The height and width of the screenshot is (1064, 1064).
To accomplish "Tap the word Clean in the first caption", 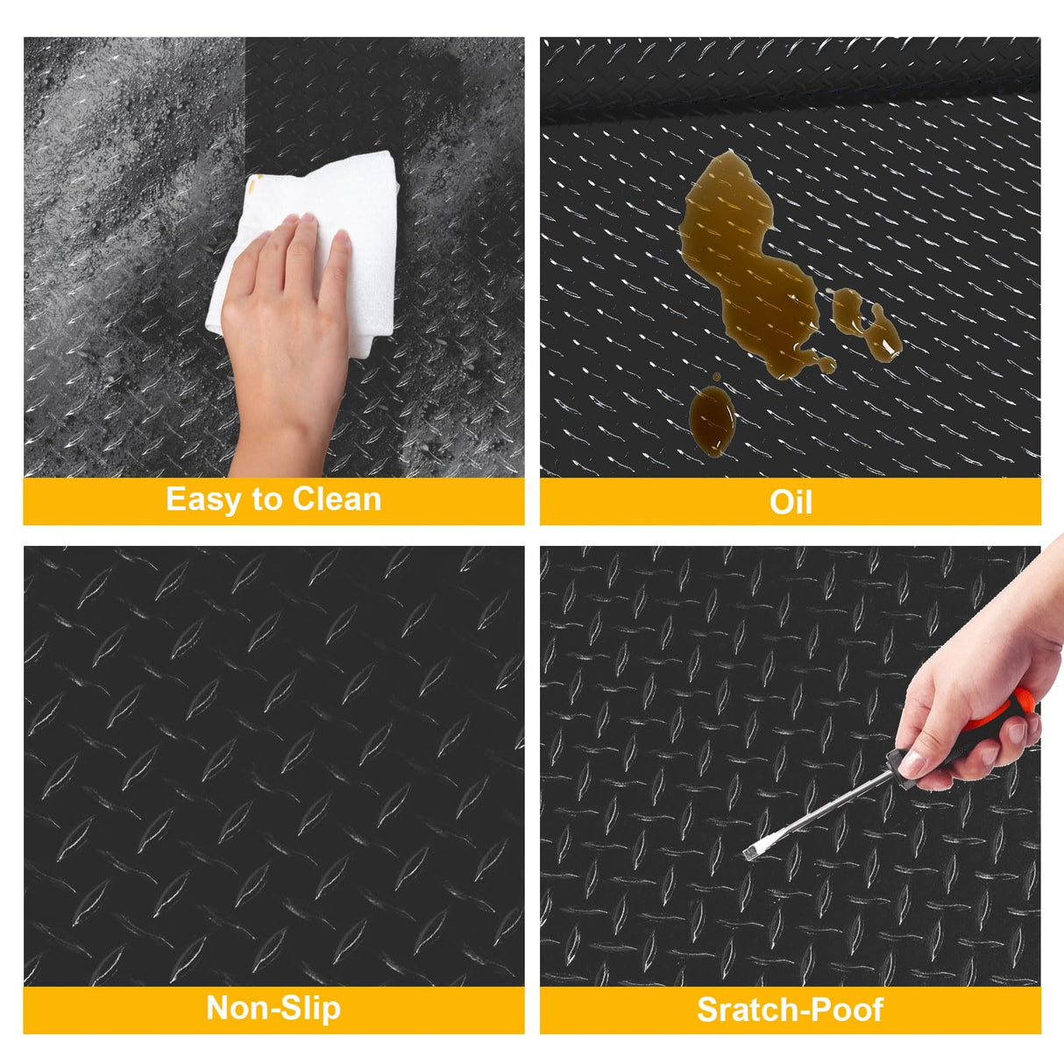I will [337, 500].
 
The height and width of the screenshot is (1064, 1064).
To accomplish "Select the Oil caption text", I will [790, 502].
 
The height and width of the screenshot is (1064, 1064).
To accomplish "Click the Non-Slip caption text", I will [273, 1008].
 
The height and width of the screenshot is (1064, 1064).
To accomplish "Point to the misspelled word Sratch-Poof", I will [790, 1010].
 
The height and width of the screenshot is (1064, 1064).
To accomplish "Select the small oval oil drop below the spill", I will [712, 421].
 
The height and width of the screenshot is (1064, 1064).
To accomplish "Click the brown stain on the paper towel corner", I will [255, 181].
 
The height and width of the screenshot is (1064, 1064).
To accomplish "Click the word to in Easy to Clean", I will [266, 500].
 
